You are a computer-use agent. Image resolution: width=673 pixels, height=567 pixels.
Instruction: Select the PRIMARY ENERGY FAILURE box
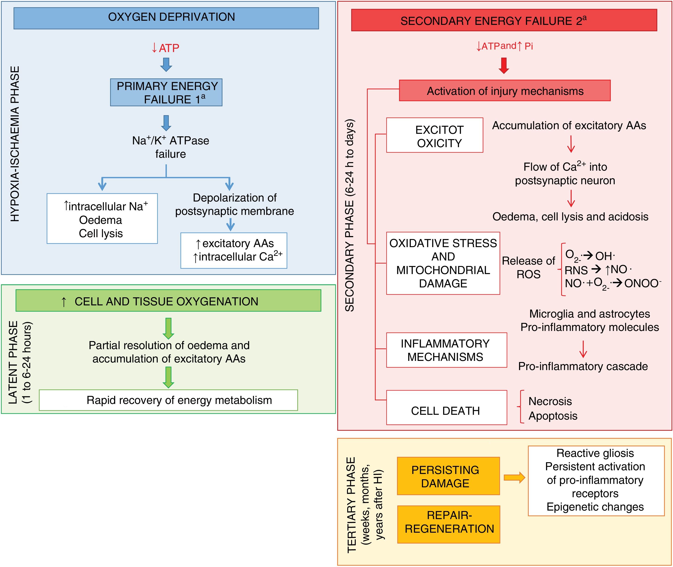click(x=166, y=93)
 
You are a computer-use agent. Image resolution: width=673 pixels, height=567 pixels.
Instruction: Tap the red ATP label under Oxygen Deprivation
click(x=166, y=48)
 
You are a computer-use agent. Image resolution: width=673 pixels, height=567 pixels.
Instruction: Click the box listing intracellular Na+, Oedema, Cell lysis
click(x=102, y=219)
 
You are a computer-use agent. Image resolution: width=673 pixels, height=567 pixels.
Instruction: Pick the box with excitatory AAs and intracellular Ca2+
click(x=234, y=250)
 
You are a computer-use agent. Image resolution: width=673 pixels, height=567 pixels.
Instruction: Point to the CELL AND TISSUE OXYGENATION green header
click(x=168, y=301)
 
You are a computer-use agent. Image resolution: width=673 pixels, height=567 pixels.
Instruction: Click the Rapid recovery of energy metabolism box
click(x=168, y=400)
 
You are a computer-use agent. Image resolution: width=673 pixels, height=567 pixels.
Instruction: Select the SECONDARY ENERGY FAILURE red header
click(x=504, y=20)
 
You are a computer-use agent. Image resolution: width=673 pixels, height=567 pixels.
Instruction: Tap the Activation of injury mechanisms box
click(x=505, y=91)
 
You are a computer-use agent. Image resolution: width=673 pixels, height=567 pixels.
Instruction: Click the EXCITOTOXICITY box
click(x=435, y=135)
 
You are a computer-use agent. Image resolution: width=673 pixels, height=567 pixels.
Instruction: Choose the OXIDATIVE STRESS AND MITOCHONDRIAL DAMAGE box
click(x=443, y=263)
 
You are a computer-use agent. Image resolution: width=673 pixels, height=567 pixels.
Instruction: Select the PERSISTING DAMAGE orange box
click(x=448, y=476)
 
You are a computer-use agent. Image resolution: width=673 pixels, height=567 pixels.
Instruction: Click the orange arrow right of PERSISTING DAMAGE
click(x=514, y=477)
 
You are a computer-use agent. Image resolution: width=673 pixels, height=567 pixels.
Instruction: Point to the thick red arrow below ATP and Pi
click(x=504, y=65)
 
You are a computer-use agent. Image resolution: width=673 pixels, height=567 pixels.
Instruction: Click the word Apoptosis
click(x=553, y=416)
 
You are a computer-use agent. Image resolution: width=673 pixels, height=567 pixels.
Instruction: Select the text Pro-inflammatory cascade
click(x=583, y=366)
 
